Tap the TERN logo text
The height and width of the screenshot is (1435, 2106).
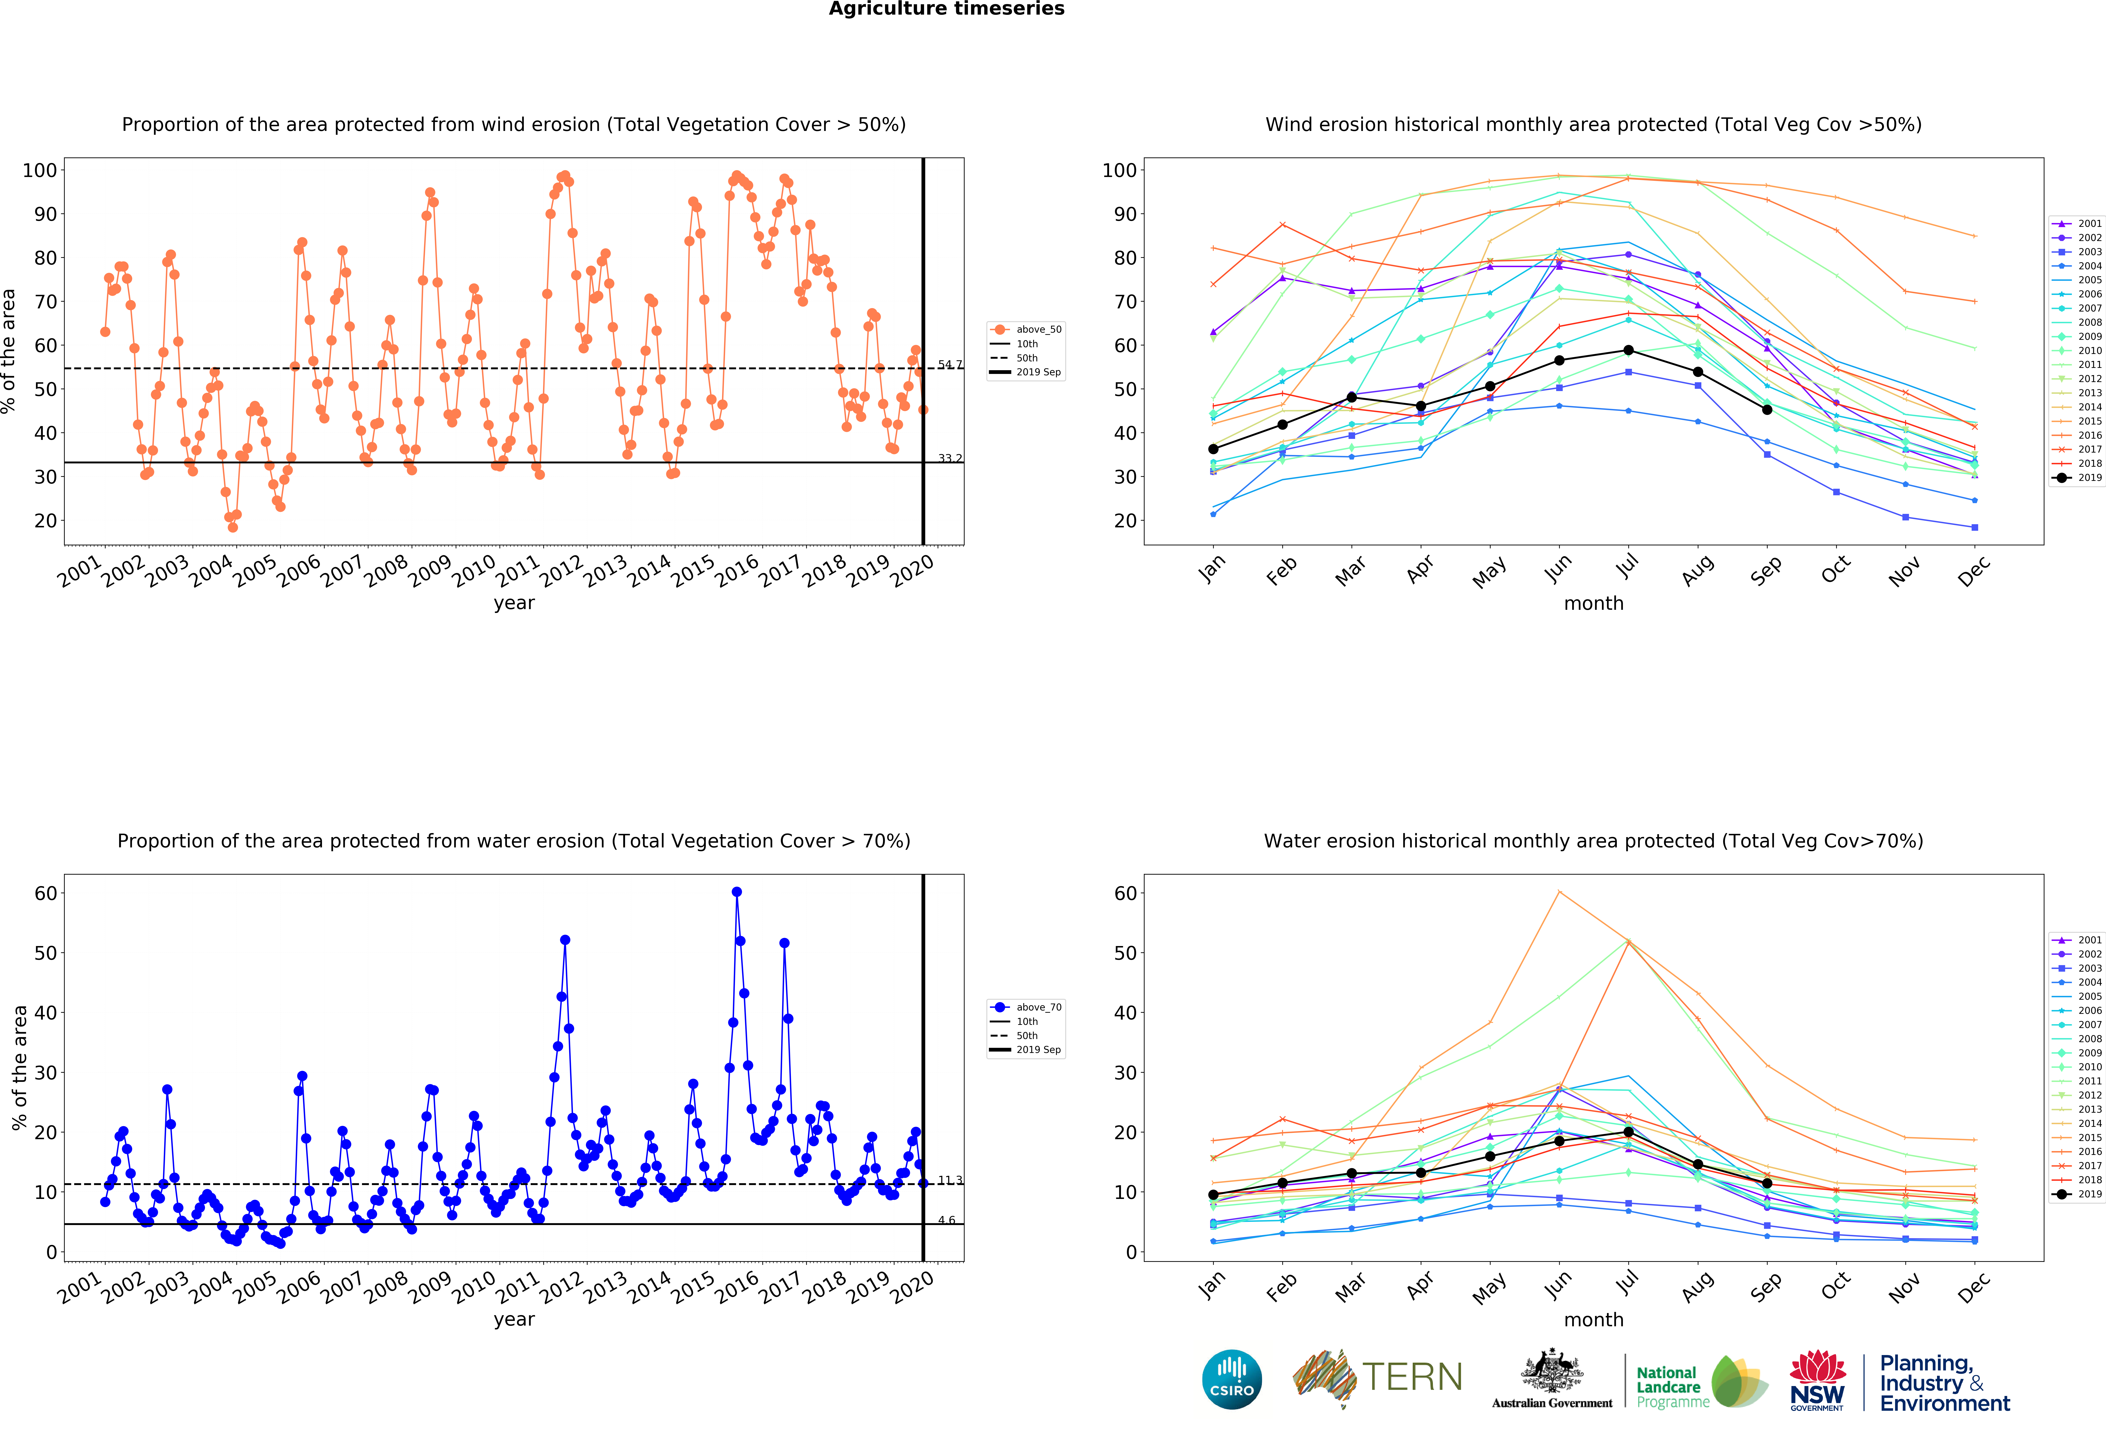point(1412,1377)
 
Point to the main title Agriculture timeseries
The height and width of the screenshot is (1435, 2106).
point(946,9)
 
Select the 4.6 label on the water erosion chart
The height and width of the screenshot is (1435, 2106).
point(946,1220)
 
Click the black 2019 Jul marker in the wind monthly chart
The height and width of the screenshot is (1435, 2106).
point(1629,351)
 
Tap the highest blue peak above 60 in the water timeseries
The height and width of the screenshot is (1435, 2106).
point(737,892)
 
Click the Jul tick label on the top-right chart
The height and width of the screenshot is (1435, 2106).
point(1628,567)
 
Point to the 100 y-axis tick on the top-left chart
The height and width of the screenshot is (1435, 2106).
point(40,170)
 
